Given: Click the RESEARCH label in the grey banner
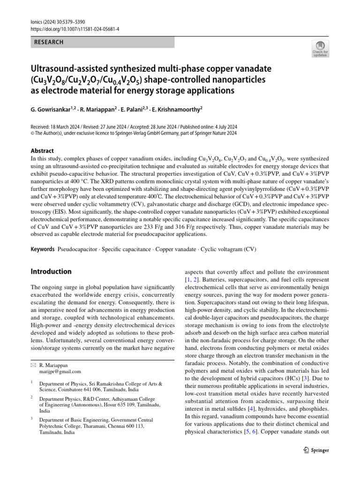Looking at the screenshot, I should pos(49,42).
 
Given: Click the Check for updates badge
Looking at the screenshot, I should pos(321,49).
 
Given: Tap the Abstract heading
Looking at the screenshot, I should pos(42,151).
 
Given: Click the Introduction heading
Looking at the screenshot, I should pos(51,271).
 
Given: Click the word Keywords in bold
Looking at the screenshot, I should pos(43,249).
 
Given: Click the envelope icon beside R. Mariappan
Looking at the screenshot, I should pos(33,364).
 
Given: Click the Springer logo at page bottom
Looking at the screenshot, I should pos(314,450).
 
